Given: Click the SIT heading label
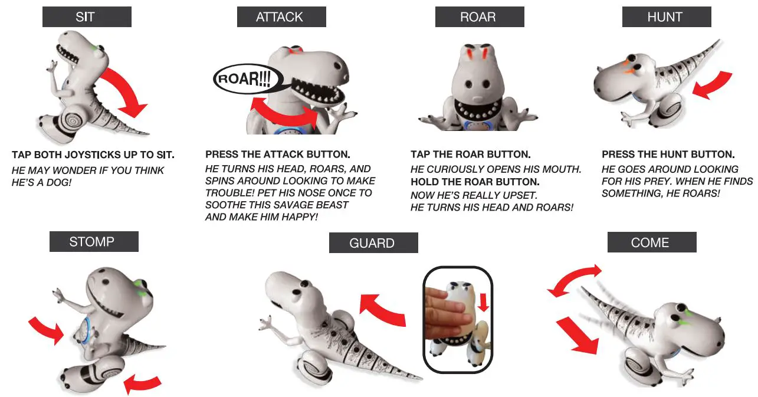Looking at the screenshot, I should tap(86, 17).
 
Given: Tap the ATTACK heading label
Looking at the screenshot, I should tap(281, 17).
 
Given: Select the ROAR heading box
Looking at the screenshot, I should tap(479, 17).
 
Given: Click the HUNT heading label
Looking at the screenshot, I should tap(666, 17).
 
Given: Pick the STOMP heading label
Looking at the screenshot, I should tap(93, 242).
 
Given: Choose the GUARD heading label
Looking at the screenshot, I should tap(373, 243).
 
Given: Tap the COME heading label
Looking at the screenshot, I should tap(651, 242).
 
